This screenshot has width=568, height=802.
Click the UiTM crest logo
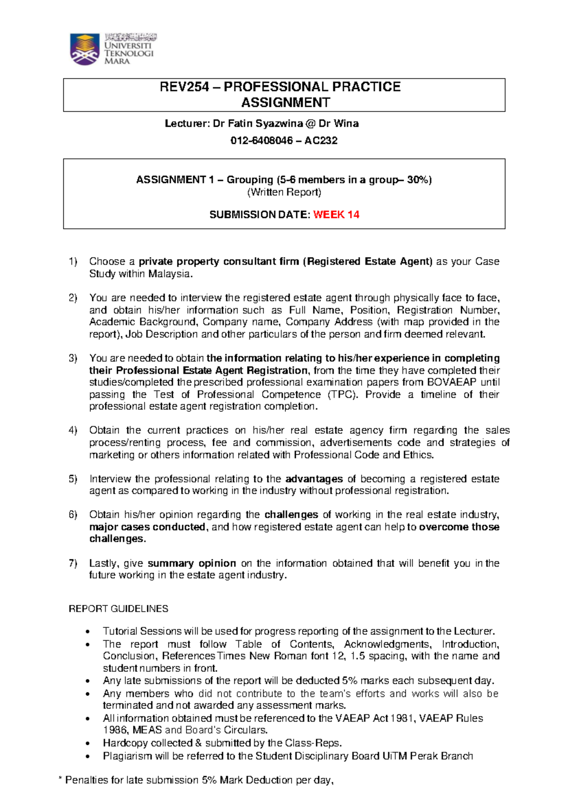point(85,49)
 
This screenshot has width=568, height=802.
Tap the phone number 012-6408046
point(261,140)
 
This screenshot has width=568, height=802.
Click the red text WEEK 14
point(336,215)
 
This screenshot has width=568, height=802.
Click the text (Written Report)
point(284,192)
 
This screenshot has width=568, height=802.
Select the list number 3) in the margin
point(72,358)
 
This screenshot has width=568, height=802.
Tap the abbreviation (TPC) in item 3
point(342,395)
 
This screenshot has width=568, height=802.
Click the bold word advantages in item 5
point(314,479)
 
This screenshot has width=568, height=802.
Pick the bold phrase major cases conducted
point(147,527)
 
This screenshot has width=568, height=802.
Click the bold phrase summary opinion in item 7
point(192,564)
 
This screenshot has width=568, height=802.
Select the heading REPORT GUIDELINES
point(118,609)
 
